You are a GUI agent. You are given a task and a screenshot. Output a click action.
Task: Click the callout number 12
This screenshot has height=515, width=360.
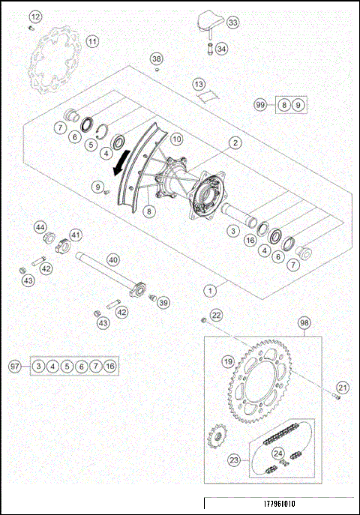pyautogui.click(x=35, y=16)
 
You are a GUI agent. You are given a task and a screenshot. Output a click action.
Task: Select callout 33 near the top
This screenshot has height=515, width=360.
pyautogui.click(x=232, y=23)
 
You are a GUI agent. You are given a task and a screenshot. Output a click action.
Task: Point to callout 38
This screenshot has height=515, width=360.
pyautogui.click(x=156, y=58)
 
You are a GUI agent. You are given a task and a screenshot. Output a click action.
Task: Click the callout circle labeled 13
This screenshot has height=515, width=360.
pyautogui.click(x=199, y=85)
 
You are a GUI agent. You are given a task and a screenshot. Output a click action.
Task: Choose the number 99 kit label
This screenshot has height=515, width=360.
pyautogui.click(x=260, y=106)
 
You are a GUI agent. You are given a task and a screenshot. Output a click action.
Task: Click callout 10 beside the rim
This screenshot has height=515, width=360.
pyautogui.click(x=176, y=139)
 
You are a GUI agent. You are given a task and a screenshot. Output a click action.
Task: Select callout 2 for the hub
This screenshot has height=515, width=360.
pyautogui.click(x=235, y=142)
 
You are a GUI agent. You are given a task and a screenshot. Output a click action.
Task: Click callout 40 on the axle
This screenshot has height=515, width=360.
pyautogui.click(x=112, y=259)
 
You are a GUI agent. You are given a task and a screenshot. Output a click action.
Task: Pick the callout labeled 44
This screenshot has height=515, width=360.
pyautogui.click(x=40, y=226)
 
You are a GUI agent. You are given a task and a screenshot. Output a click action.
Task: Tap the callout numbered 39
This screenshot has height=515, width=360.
pyautogui.click(x=163, y=303)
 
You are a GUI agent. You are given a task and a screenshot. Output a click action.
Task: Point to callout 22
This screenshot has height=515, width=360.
pyautogui.click(x=216, y=316)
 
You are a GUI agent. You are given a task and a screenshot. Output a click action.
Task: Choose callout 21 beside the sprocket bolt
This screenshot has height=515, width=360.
pyautogui.click(x=342, y=388)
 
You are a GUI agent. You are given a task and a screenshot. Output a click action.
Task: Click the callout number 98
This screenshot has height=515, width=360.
pyautogui.click(x=304, y=323)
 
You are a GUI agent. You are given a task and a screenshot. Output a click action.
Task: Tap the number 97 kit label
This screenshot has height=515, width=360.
pyautogui.click(x=14, y=366)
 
